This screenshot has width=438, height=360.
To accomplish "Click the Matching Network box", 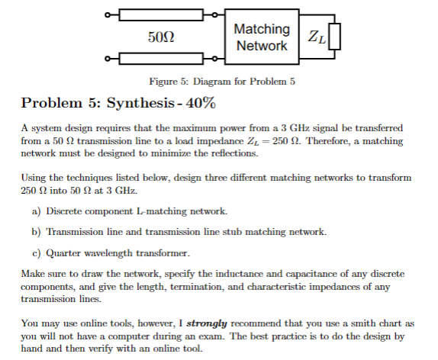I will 262,37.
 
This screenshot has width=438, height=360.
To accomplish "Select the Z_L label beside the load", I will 313,37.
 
